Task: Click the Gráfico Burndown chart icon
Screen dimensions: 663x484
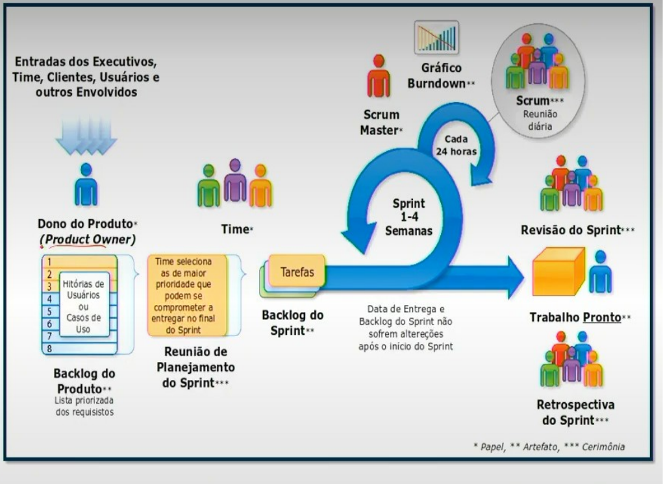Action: click(x=436, y=37)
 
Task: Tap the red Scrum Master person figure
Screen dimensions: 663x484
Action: click(x=378, y=77)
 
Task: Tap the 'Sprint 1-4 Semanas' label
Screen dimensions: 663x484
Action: click(x=408, y=217)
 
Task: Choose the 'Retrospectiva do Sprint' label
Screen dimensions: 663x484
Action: click(x=575, y=412)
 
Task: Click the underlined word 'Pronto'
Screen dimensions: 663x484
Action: click(x=601, y=318)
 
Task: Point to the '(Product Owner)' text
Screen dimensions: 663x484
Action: click(x=87, y=239)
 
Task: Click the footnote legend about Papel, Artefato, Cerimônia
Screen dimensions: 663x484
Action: click(x=549, y=446)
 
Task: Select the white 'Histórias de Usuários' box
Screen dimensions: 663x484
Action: click(x=84, y=303)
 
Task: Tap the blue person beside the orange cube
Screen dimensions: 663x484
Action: click(x=600, y=271)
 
